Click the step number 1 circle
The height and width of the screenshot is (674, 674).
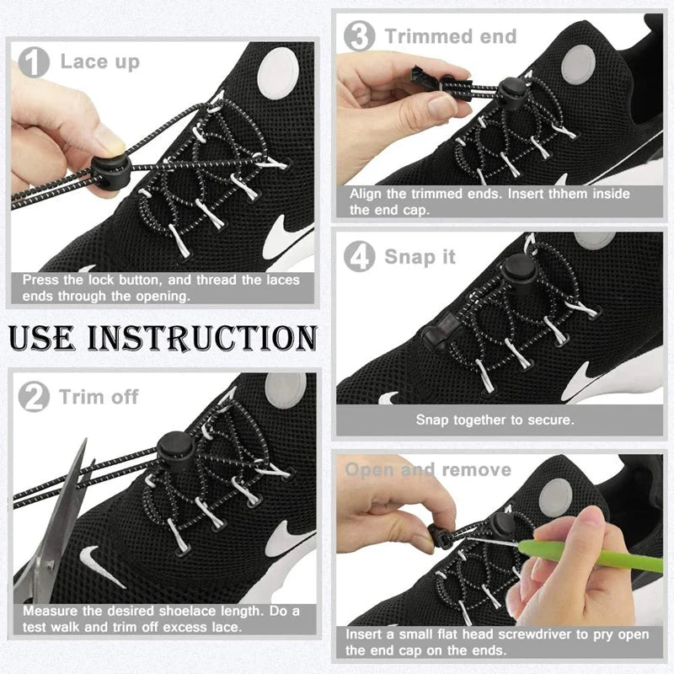[x=35, y=62]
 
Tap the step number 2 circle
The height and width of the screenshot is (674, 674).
[x=34, y=397]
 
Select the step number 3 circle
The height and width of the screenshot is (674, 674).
[x=360, y=36]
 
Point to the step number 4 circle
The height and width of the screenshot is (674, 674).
[x=360, y=257]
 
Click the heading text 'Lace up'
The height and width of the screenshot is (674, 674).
[x=99, y=62]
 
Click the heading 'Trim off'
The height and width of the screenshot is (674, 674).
[x=99, y=397]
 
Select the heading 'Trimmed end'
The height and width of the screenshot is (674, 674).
[x=451, y=36]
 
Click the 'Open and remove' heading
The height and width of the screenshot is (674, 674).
[x=428, y=469]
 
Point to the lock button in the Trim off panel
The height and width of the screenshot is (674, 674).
[x=173, y=446]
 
